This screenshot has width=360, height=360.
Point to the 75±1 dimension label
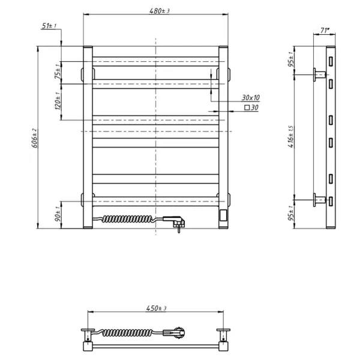pos(58,73)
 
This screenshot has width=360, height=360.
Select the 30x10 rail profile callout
pos(251,97)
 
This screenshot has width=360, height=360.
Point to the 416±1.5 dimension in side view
pos(291,137)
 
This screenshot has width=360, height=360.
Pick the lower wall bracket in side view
pos(319,200)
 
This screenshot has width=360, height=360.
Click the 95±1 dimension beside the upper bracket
pos(291,61)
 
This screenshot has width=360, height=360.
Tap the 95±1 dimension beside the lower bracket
pos(291,214)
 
